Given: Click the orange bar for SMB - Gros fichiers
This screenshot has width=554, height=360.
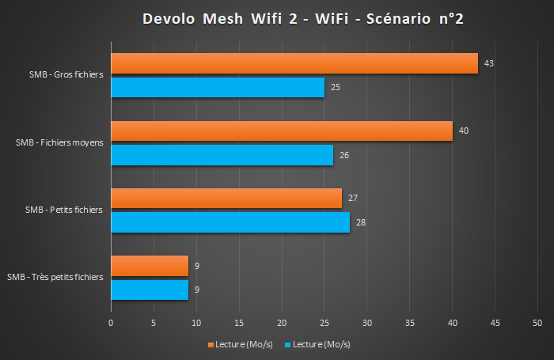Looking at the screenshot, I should (x=294, y=63).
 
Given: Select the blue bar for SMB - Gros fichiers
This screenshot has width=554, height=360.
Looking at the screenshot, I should (x=218, y=87).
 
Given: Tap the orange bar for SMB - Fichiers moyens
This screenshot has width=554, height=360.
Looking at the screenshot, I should (x=281, y=131).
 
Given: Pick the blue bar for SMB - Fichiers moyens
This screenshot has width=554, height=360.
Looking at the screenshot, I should (x=222, y=155).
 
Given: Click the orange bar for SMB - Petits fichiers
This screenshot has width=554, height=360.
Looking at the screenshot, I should (x=226, y=198).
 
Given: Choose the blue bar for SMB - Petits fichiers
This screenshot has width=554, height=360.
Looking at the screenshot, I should (x=230, y=223).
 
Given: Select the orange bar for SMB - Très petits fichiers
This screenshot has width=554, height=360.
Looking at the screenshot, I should (x=150, y=266).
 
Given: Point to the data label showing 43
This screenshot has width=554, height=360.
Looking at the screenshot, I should (x=489, y=63).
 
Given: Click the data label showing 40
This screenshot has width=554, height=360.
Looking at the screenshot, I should (x=464, y=131).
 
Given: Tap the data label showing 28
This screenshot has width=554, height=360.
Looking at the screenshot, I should (x=361, y=223).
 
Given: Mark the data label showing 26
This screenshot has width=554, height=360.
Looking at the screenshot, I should (x=343, y=155).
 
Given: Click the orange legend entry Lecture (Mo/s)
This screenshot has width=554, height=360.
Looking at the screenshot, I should (x=241, y=344).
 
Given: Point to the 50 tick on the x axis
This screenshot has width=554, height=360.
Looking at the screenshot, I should (x=537, y=323).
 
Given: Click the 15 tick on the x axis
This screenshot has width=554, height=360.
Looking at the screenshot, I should (x=239, y=323).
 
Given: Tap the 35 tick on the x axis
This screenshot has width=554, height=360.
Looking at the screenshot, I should (x=409, y=323).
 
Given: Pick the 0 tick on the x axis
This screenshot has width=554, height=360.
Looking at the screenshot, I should (x=111, y=323).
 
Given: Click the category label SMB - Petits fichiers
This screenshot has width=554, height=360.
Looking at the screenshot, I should (x=64, y=210).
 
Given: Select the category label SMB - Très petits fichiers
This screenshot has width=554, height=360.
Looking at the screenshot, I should (x=55, y=278).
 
